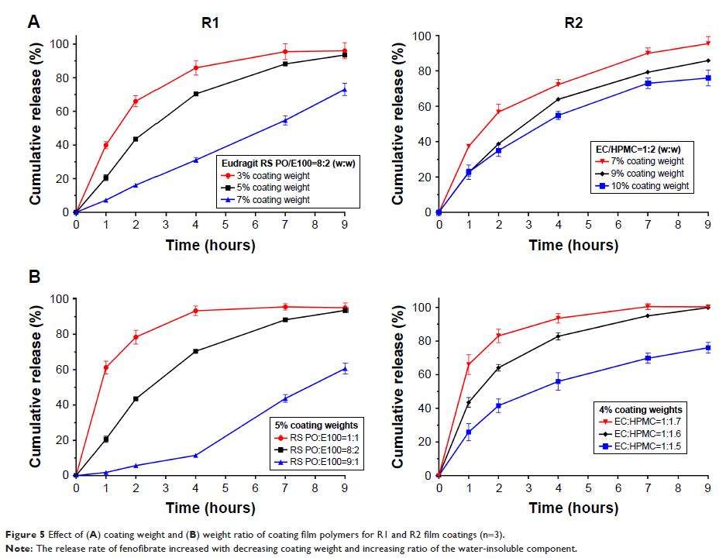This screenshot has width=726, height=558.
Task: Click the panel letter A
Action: [x=33, y=22]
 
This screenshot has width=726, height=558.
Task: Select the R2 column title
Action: [x=574, y=22]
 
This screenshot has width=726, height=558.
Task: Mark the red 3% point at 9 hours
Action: [x=345, y=51]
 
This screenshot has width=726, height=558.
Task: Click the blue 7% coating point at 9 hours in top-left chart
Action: [x=345, y=90]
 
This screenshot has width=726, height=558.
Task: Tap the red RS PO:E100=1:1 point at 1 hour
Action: [x=106, y=367]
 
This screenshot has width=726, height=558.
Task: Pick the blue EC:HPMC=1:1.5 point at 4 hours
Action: [x=558, y=381]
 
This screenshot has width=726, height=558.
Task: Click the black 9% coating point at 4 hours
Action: [x=558, y=99]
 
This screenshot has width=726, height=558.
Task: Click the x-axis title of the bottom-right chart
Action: [x=573, y=508]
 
